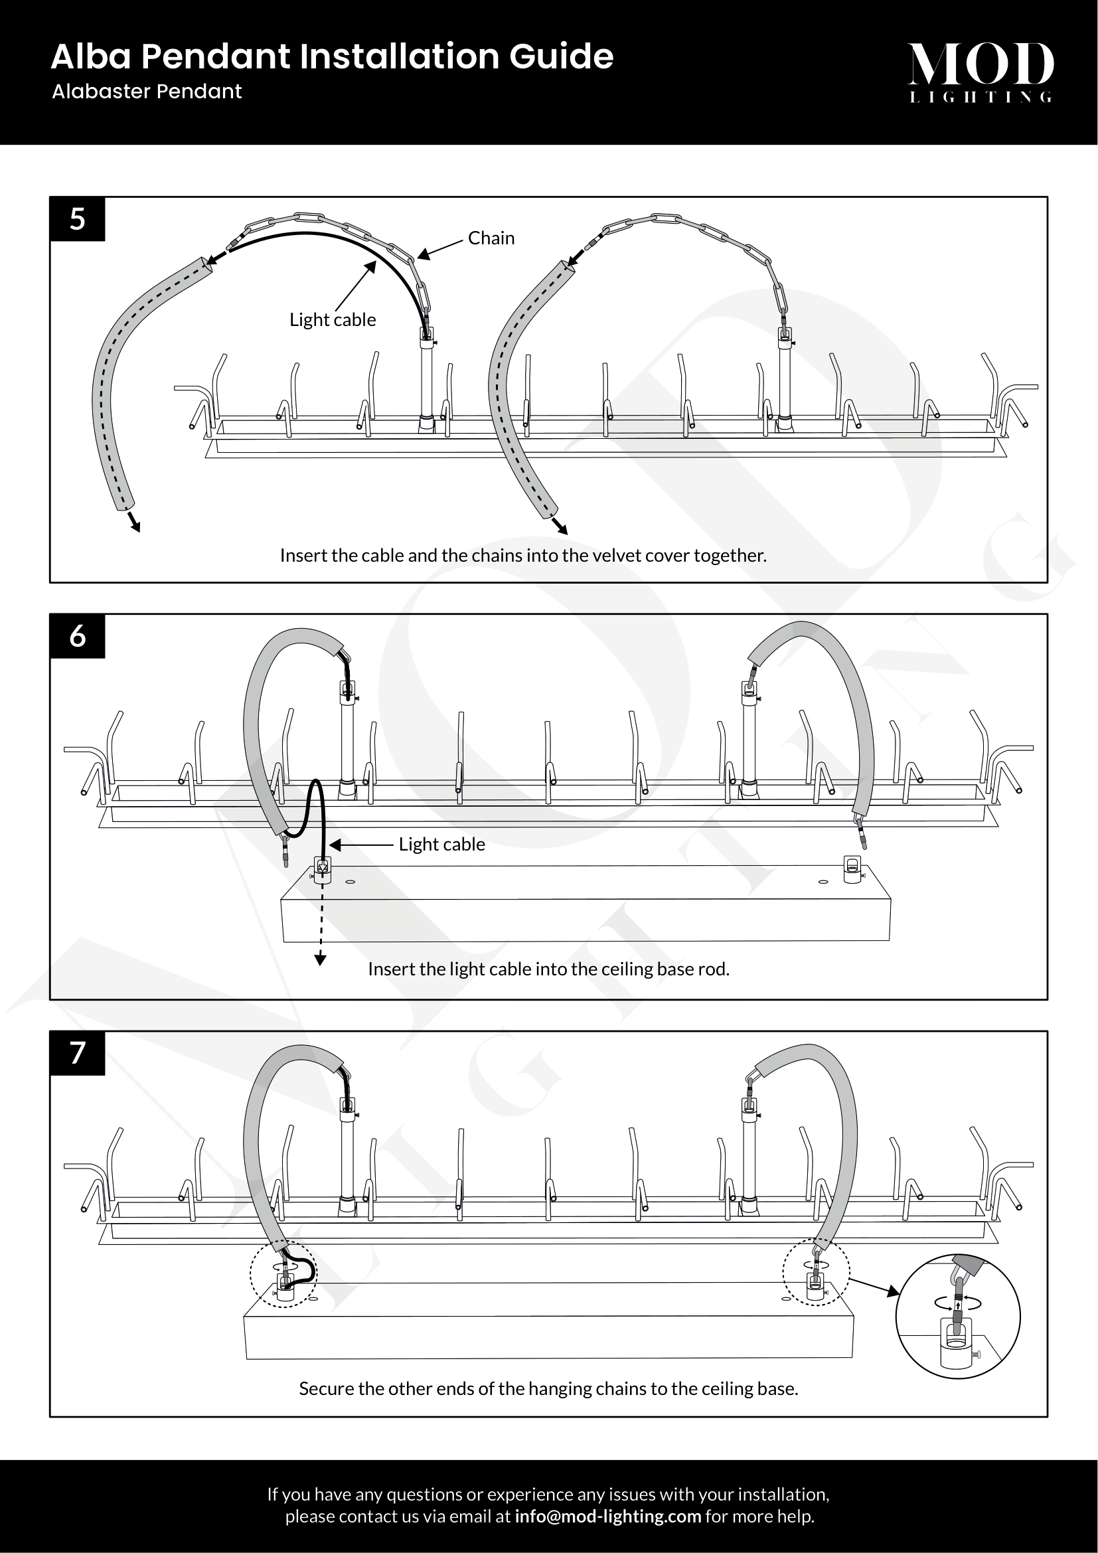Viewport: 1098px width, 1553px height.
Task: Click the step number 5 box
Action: (78, 219)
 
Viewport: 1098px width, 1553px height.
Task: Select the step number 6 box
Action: (78, 636)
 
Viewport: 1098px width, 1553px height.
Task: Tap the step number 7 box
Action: (78, 1052)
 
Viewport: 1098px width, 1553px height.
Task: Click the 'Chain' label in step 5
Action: (491, 238)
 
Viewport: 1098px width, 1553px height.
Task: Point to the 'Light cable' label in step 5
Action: (333, 320)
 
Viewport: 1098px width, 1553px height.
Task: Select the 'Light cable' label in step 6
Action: (441, 844)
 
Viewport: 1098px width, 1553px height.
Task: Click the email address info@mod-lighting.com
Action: (607, 1516)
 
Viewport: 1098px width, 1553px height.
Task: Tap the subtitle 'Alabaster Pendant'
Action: (147, 92)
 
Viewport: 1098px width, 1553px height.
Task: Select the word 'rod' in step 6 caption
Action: (715, 969)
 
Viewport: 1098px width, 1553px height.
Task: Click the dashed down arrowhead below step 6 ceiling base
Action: (321, 960)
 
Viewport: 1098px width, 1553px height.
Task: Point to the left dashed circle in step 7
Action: (283, 1274)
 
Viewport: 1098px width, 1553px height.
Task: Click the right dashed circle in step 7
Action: (816, 1272)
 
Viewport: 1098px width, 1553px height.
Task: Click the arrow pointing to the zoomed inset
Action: (874, 1287)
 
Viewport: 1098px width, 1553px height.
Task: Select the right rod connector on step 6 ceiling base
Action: (852, 868)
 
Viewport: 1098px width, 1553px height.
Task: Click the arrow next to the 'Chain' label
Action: (440, 248)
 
